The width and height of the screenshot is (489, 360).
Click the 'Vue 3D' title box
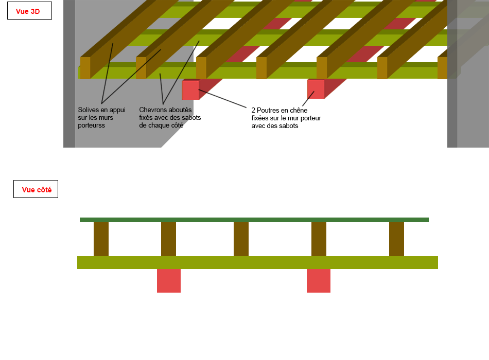29,11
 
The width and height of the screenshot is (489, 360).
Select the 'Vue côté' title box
36,189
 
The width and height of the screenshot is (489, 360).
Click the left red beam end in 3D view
190,90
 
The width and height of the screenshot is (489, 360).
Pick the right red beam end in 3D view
316,89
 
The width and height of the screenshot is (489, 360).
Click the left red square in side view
169,281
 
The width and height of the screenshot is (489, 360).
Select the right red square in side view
319,281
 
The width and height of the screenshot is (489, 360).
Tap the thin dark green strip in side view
254,220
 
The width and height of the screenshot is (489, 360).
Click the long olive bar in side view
257,262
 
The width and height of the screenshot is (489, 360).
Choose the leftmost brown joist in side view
101,239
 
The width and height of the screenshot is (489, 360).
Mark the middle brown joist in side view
241,239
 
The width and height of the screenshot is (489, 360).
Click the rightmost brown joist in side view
396,239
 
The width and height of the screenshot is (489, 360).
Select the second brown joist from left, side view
168,239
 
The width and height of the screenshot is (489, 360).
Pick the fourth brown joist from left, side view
319,239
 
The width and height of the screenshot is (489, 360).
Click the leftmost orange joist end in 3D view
85,68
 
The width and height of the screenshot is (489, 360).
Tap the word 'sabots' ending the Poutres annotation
289,126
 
